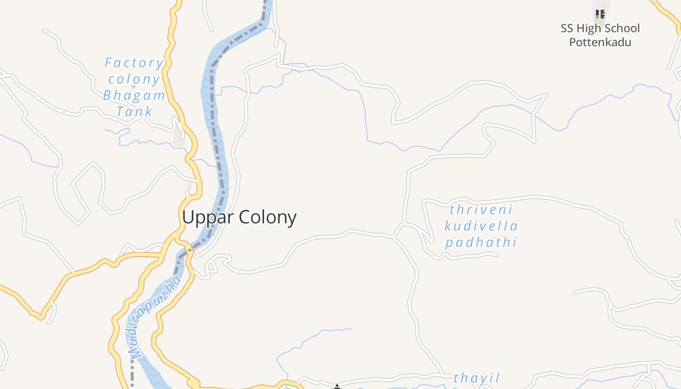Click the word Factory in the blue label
pyautogui.click(x=134, y=63)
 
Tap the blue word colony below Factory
pyautogui.click(x=134, y=79)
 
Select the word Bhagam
pyautogui.click(x=134, y=95)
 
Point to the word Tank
pyautogui.click(x=134, y=112)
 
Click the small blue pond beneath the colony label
pyautogui.click(x=133, y=87)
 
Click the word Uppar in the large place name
pyautogui.click(x=207, y=217)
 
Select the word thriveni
pyautogui.click(x=481, y=210)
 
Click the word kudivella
pyautogui.click(x=481, y=226)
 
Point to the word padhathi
pyautogui.click(x=481, y=242)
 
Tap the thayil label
pyautogui.click(x=477, y=378)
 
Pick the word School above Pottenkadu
pyautogui.click(x=623, y=28)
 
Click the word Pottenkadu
pyautogui.click(x=600, y=42)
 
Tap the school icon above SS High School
pyautogui.click(x=600, y=14)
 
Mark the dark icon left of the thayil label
pyautogui.click(x=337, y=387)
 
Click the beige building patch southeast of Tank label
pyautogui.click(x=179, y=138)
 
